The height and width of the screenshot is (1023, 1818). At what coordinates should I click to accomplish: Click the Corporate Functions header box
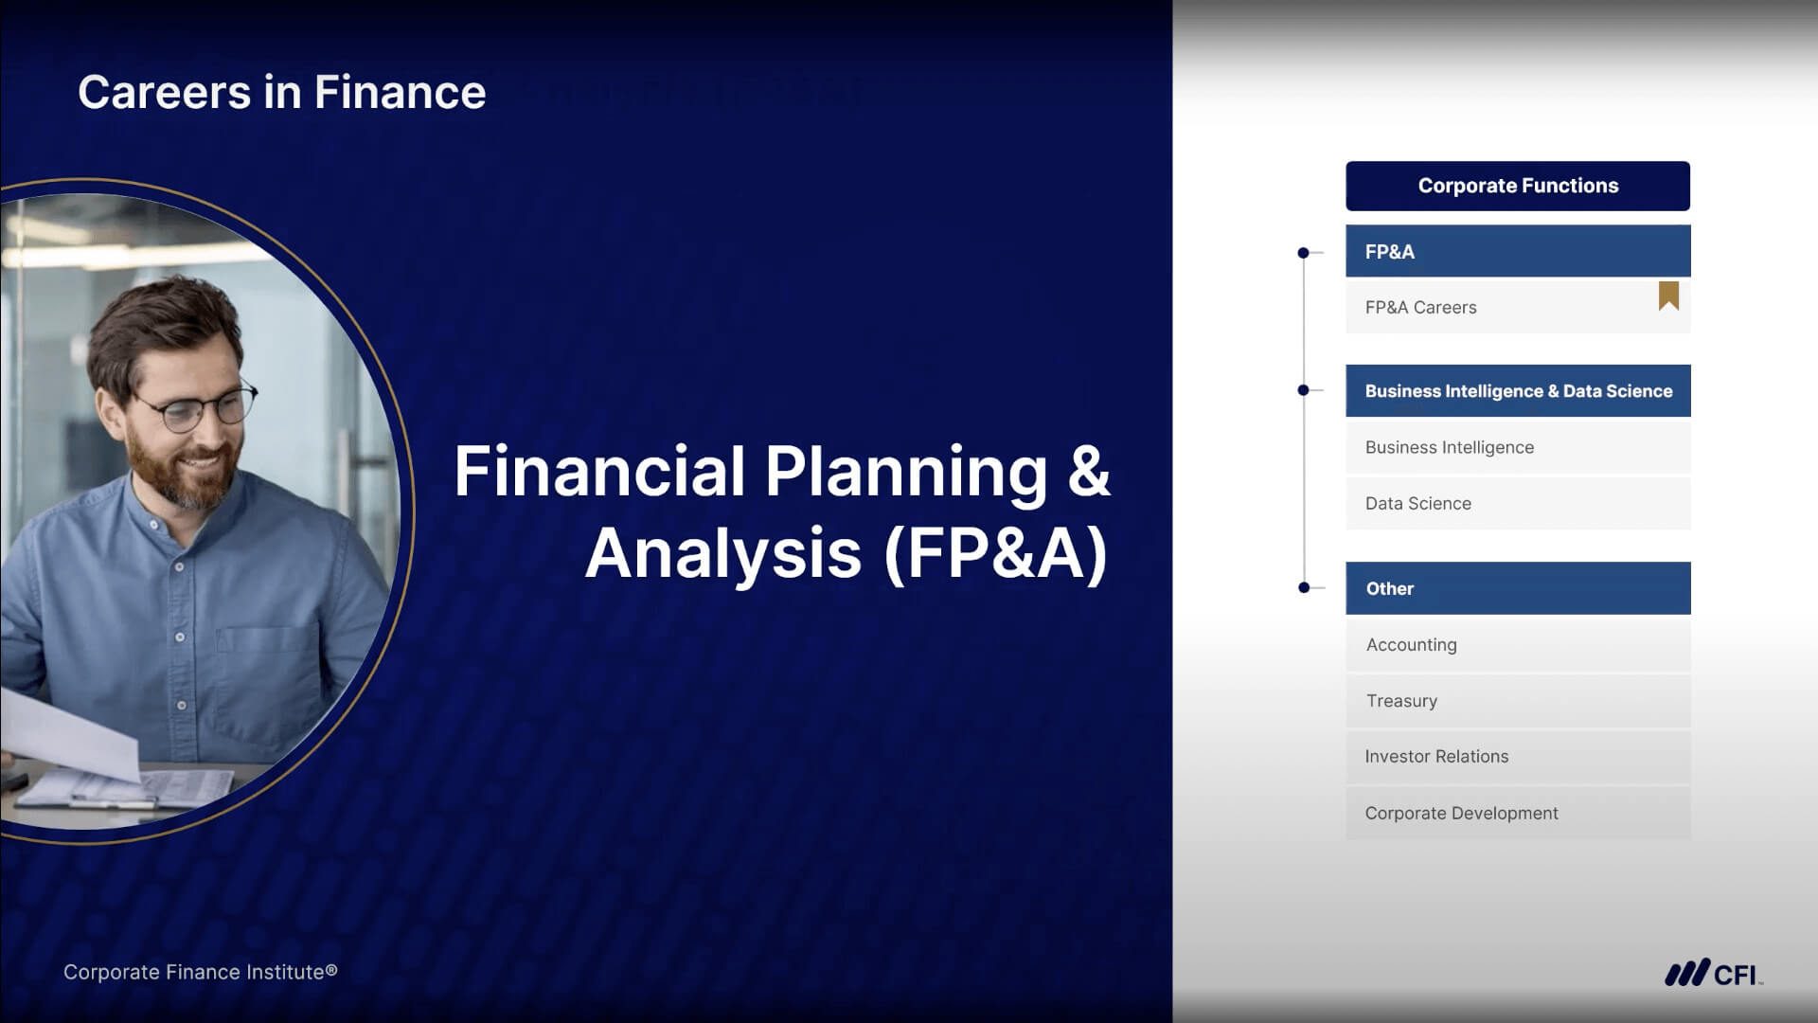1518,186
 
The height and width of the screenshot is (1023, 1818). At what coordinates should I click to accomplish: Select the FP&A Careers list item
1518,307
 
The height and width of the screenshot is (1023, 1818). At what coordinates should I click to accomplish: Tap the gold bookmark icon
1668,296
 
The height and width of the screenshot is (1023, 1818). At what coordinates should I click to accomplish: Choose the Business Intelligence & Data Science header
1518,390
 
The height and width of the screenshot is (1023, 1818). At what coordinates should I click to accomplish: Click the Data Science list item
1518,503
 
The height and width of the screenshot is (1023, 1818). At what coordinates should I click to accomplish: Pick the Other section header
1518,588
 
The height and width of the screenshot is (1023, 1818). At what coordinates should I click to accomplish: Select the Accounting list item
1518,644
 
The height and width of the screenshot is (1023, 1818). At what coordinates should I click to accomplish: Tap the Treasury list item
1518,701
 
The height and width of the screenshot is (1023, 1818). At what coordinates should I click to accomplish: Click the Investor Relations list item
1518,757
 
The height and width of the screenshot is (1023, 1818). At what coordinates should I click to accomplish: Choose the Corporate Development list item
1518,813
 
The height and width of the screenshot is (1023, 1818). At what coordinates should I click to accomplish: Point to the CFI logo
1714,973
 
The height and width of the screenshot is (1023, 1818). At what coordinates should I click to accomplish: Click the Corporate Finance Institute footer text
200,972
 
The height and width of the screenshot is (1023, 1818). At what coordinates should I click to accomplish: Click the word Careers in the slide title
164,92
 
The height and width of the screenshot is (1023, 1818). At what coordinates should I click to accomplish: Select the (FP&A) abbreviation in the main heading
995,553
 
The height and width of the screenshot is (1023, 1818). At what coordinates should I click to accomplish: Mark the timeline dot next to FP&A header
1304,253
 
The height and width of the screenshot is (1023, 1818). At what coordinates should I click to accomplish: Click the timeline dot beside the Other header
1304,588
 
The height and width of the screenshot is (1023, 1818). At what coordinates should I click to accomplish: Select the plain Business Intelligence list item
1518,447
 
